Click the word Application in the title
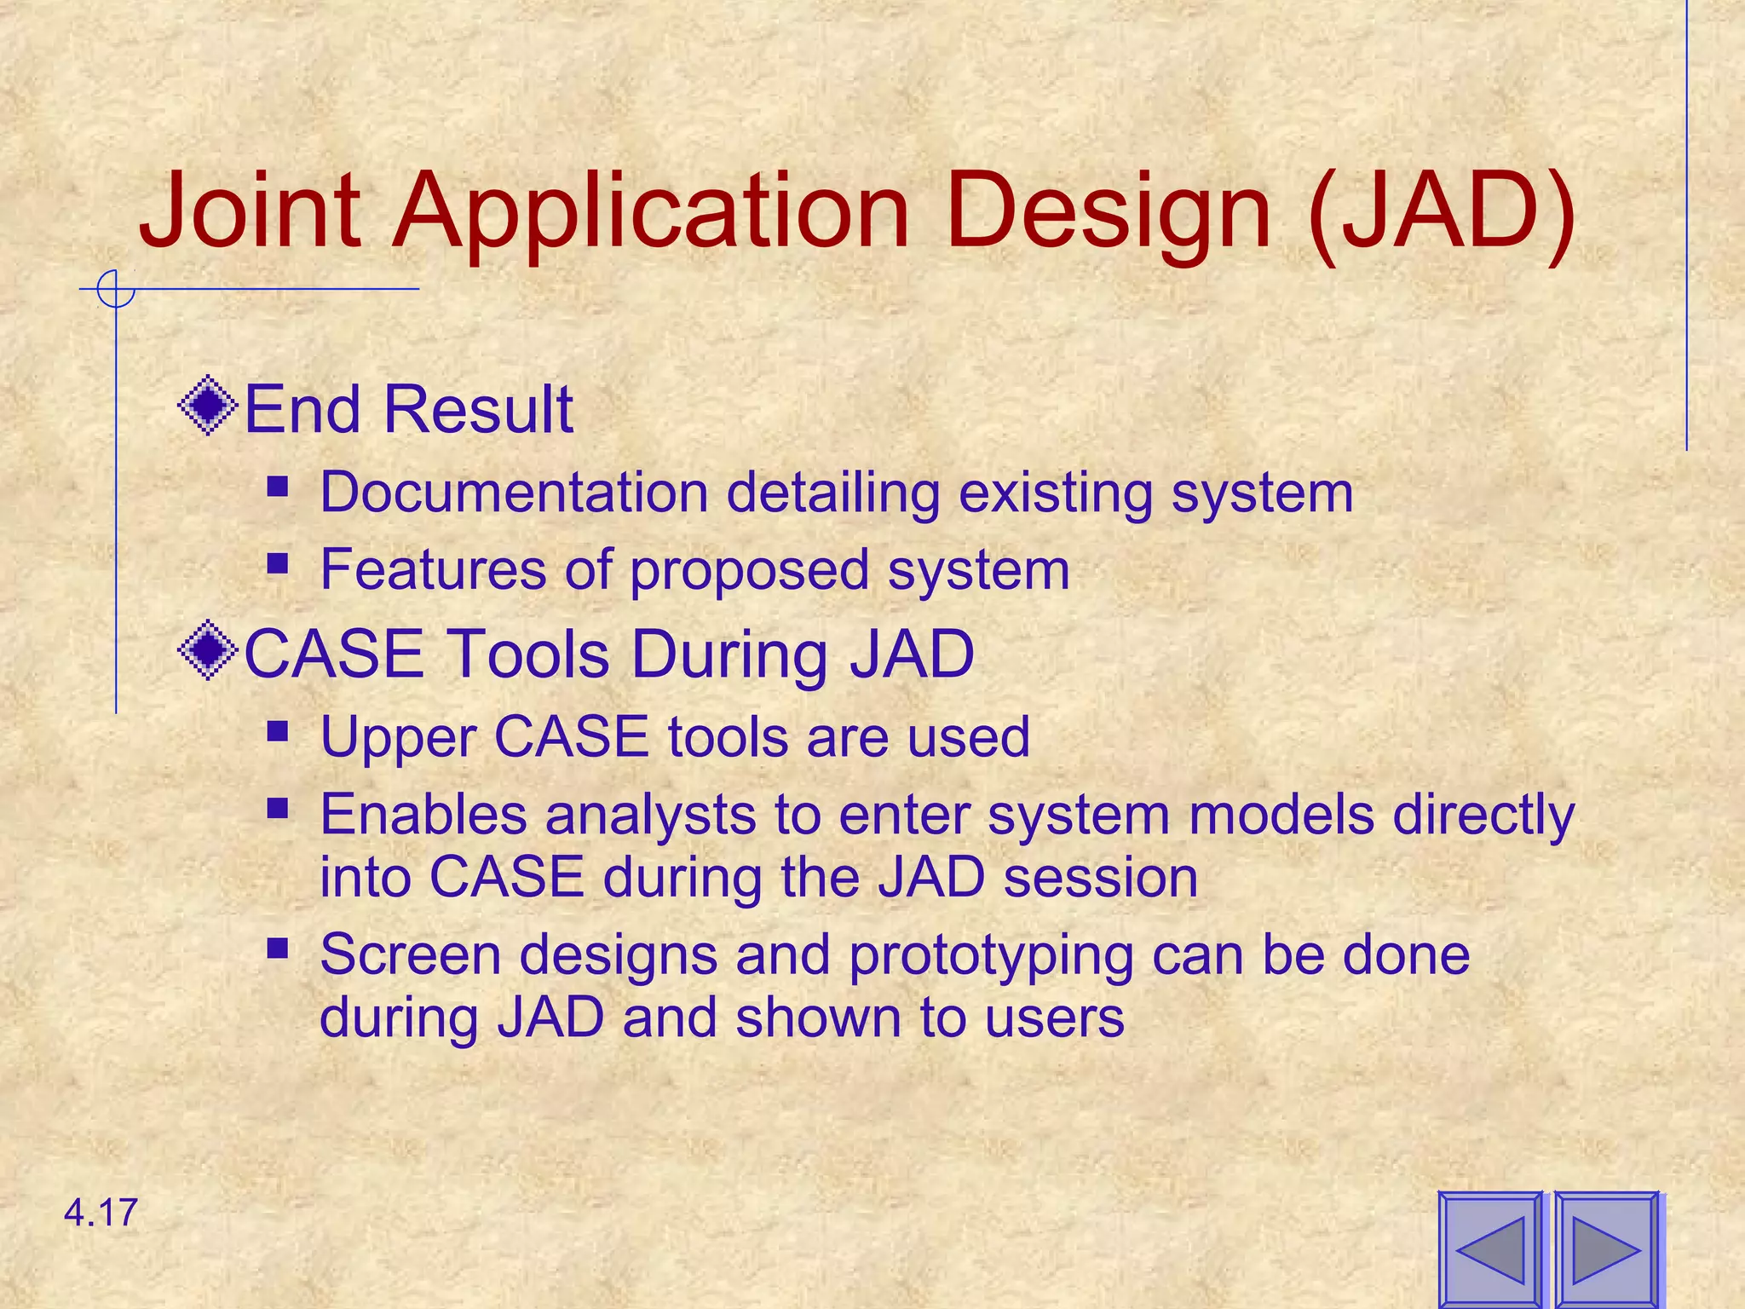(x=650, y=213)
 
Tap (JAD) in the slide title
(x=1440, y=213)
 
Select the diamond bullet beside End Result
(x=208, y=406)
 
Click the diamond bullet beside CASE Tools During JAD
(x=208, y=651)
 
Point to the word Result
(x=478, y=409)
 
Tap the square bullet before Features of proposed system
(x=277, y=563)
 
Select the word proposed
(x=749, y=571)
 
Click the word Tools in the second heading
(x=527, y=654)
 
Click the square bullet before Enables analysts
(x=277, y=807)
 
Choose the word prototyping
(x=991, y=956)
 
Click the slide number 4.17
(x=101, y=1213)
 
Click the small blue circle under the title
(x=116, y=290)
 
